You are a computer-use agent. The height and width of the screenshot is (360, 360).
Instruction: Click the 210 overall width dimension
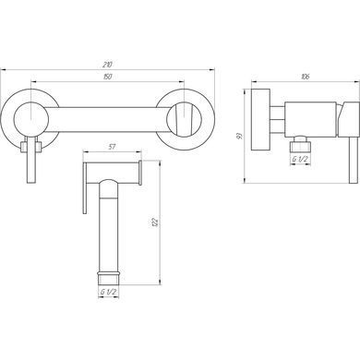tap(107, 65)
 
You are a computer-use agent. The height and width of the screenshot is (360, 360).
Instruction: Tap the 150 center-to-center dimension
tap(107, 77)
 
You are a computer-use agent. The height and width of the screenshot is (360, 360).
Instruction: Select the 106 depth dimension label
tap(306, 77)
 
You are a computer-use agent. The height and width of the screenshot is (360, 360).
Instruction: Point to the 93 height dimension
tap(240, 136)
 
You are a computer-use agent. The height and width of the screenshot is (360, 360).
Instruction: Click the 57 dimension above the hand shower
tap(113, 147)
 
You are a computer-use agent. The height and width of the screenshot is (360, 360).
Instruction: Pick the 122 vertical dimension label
tap(155, 222)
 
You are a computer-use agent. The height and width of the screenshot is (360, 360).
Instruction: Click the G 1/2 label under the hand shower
tap(108, 292)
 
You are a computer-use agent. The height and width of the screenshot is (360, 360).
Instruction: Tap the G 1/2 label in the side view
tap(300, 159)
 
